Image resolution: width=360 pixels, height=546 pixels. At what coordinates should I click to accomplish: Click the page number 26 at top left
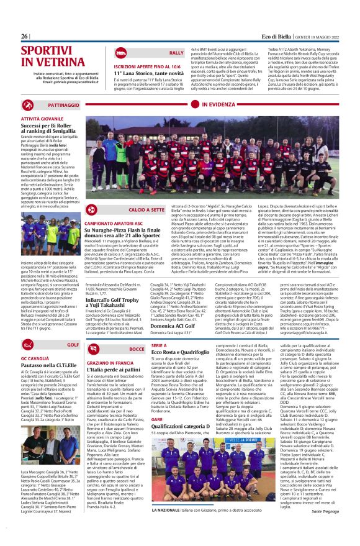[25, 37]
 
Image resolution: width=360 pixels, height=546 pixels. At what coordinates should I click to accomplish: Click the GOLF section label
[73, 344]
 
